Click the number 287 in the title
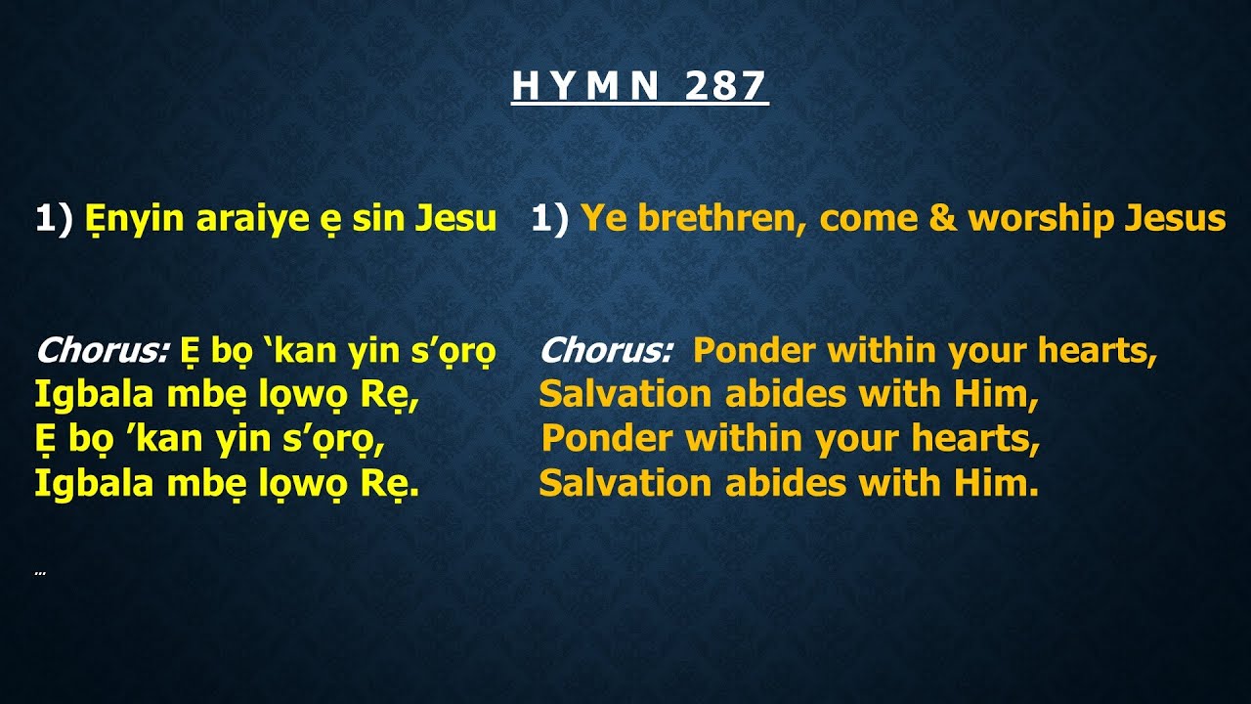(x=725, y=87)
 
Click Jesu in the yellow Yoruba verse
(x=456, y=219)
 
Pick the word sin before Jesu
(x=378, y=219)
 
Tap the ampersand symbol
(x=942, y=219)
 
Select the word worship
(x=1041, y=219)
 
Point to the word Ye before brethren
(x=604, y=219)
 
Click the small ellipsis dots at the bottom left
(x=40, y=573)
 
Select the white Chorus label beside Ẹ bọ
(x=104, y=350)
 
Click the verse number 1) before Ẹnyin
(x=55, y=219)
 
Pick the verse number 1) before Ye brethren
(x=550, y=219)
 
